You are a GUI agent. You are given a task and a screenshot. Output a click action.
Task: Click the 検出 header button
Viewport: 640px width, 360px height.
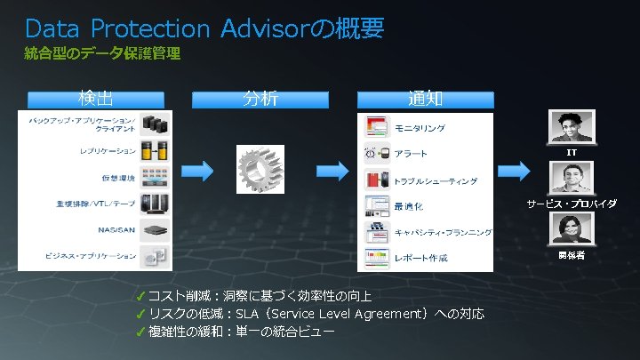tap(95, 98)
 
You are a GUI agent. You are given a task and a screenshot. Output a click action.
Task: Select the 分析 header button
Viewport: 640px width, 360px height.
tap(260, 98)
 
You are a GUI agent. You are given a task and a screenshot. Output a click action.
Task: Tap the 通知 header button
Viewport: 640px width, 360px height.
tap(425, 98)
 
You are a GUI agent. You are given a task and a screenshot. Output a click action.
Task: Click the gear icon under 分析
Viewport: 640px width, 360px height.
tap(260, 169)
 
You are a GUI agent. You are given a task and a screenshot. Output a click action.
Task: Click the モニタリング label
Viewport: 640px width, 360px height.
tap(420, 128)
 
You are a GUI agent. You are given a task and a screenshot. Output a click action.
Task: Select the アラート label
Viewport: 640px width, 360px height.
tap(412, 154)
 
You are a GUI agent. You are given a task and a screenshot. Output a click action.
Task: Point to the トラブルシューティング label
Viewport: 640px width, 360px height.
tap(436, 180)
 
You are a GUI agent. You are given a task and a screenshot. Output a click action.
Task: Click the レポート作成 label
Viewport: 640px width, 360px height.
tap(421, 259)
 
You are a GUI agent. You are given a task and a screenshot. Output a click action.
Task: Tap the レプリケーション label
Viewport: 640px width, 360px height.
tap(108, 150)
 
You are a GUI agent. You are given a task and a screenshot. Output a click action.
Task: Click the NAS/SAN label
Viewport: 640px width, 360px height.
tap(116, 228)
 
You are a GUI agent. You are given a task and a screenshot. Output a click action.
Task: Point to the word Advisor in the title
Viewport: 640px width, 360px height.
tap(263, 28)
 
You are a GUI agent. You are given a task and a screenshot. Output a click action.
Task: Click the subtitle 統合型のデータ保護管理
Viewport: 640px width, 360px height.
tap(102, 54)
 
